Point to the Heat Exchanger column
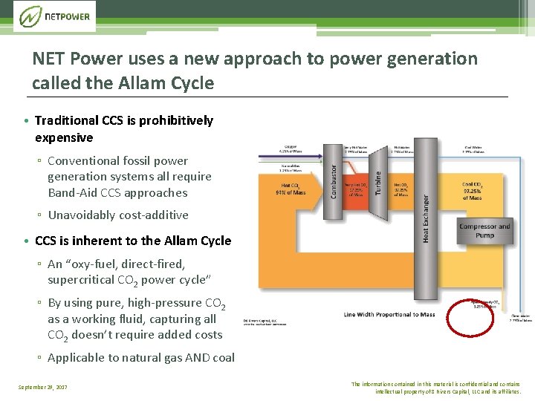pyautogui.click(x=426, y=215)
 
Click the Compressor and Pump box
pyautogui.click(x=484, y=230)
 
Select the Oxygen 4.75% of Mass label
pyautogui.click(x=291, y=149)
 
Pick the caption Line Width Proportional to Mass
pyautogui.click(x=389, y=314)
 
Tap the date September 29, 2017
pyautogui.click(x=43, y=387)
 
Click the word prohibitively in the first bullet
pyautogui.click(x=176, y=120)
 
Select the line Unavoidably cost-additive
pyautogui.click(x=118, y=215)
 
